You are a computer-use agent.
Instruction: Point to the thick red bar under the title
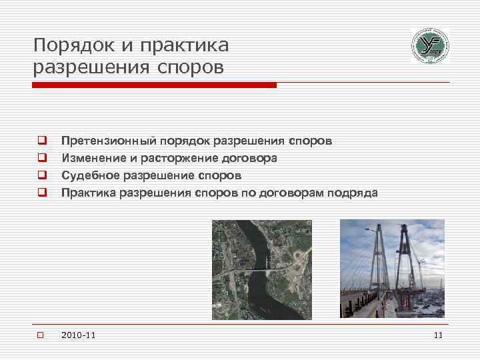(154, 85)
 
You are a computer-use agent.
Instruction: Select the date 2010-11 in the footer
(78, 335)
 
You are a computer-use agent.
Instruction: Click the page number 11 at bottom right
(437, 335)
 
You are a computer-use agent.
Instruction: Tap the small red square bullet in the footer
(40, 335)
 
